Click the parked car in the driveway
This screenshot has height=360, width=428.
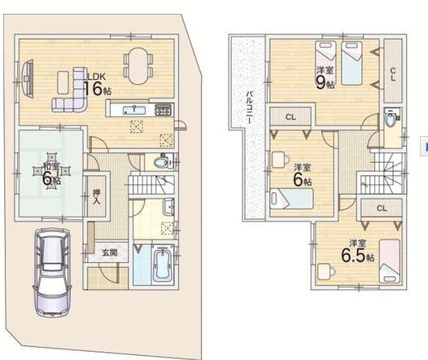(52, 272)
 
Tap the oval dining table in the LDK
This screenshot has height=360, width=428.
(138, 66)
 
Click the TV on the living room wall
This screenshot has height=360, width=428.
(28, 78)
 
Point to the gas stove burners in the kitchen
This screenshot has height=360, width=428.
(164, 109)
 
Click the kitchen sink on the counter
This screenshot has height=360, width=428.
(134, 110)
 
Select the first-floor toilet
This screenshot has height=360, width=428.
(162, 163)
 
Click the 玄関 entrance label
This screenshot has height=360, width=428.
(110, 252)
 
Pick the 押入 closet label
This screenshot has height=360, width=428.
(96, 196)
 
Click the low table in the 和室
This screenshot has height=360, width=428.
(51, 171)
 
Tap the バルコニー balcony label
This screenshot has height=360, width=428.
(249, 108)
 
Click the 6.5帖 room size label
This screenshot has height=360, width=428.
(357, 256)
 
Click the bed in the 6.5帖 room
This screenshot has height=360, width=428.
(390, 261)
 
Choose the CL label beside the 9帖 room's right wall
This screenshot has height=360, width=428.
(393, 74)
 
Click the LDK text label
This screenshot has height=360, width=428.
(96, 77)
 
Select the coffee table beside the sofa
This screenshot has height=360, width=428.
(63, 82)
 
